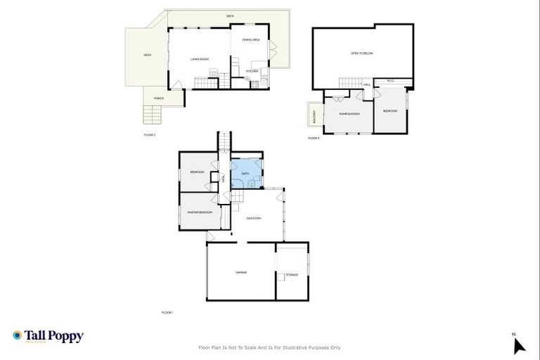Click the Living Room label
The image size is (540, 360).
(x=200, y=59)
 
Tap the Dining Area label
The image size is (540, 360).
(x=251, y=40)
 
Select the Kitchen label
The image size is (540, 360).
(x=252, y=71)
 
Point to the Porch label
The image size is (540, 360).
(x=159, y=98)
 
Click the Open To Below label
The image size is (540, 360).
(x=360, y=53)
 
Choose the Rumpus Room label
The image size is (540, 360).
(x=349, y=113)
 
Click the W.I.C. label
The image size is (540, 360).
(x=392, y=81)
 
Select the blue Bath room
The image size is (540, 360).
(x=245, y=174)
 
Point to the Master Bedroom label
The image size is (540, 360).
(x=200, y=212)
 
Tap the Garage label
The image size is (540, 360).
(x=240, y=272)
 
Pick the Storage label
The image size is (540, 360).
(x=291, y=274)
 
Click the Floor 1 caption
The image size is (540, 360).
(x=167, y=312)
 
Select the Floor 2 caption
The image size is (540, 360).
(x=148, y=134)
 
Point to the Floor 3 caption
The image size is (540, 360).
(x=314, y=139)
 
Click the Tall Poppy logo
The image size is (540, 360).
(x=48, y=336)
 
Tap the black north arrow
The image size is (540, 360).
(x=519, y=345)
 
